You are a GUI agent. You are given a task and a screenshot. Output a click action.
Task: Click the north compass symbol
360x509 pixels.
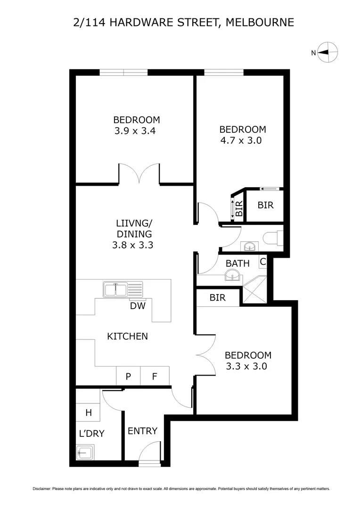(x=327, y=52)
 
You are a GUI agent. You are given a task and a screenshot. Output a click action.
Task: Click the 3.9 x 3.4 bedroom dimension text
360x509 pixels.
(x=135, y=131)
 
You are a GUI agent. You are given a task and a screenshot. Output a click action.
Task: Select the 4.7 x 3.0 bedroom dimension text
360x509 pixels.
(x=240, y=140)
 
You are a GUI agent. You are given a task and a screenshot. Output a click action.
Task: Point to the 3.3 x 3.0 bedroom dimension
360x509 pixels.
(x=246, y=366)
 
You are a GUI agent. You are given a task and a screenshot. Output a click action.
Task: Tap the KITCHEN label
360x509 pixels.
(x=128, y=336)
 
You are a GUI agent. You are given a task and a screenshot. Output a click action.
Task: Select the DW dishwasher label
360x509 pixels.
(x=138, y=306)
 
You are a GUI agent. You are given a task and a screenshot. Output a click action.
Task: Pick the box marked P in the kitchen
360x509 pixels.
(x=128, y=376)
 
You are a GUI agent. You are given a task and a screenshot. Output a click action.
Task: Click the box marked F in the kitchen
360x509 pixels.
(x=155, y=376)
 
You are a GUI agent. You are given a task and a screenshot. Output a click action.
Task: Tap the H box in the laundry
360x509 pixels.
(x=88, y=413)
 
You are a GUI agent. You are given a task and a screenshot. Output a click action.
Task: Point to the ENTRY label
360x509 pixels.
(x=142, y=431)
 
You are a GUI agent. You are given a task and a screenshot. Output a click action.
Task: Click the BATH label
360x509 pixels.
(x=237, y=263)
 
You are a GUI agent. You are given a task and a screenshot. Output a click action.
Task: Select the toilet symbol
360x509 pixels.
(x=273, y=237)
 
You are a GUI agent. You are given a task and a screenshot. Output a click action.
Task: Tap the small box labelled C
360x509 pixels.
(x=263, y=262)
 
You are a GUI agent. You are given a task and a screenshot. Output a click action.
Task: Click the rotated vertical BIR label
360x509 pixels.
(x=239, y=208)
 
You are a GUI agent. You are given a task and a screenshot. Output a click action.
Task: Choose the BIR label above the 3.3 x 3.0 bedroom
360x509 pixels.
(x=218, y=298)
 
